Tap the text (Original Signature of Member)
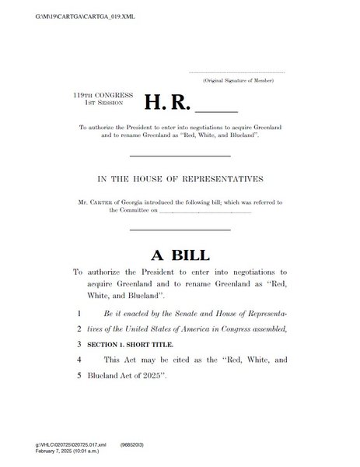(243, 81)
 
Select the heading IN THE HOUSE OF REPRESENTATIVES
(180, 179)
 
